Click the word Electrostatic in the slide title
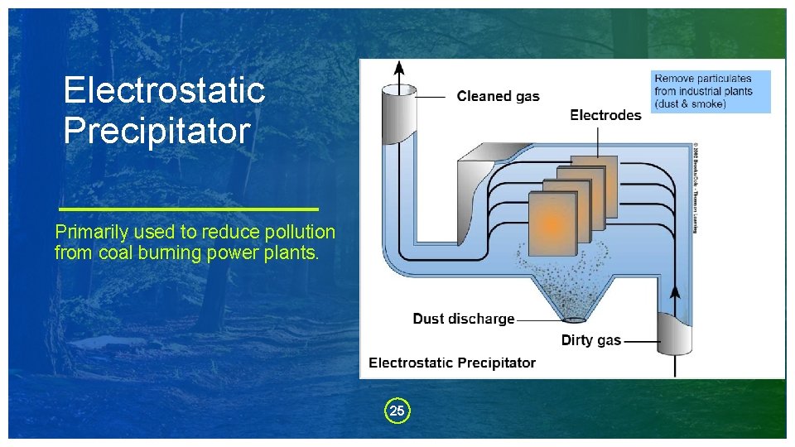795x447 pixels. click(164, 90)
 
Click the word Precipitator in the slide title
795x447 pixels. click(157, 131)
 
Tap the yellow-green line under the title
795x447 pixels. click(190, 208)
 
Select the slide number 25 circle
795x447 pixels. click(397, 411)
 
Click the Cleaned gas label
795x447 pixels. click(498, 97)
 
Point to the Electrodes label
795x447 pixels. click(605, 115)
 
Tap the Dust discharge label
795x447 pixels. click(464, 319)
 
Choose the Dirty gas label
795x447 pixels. click(590, 340)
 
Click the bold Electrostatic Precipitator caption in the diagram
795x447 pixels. click(452, 363)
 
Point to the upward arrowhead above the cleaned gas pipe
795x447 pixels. click(399, 67)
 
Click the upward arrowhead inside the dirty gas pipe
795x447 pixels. click(675, 291)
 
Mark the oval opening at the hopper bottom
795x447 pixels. click(573, 318)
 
